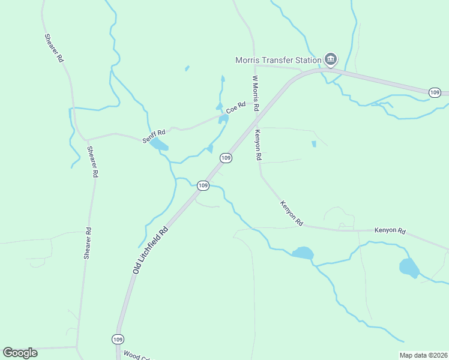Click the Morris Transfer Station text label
point(278,60)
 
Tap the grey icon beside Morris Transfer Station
point(331,59)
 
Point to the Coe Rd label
point(236,110)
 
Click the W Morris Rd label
point(255,94)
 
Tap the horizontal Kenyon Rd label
point(390,230)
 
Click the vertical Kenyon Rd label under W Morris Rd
point(258,145)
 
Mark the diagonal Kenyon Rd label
point(291,214)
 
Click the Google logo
point(20,353)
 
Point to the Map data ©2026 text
point(423,355)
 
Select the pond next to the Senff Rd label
point(159,145)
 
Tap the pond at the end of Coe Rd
point(223,118)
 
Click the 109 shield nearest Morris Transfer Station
point(435,92)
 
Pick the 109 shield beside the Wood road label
point(117,339)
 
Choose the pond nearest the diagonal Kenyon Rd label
point(303,253)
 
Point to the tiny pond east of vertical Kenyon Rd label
point(314,144)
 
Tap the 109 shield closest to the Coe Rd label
point(226,158)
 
